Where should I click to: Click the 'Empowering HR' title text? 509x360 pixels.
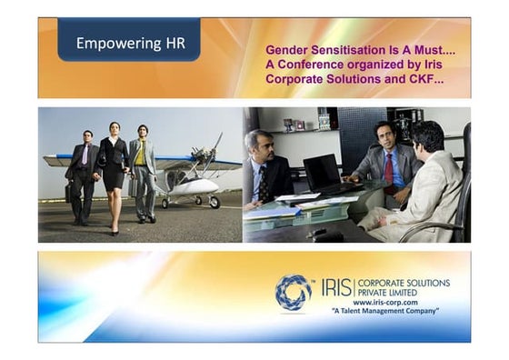[x=128, y=43]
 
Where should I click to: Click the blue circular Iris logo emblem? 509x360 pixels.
[x=293, y=292]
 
